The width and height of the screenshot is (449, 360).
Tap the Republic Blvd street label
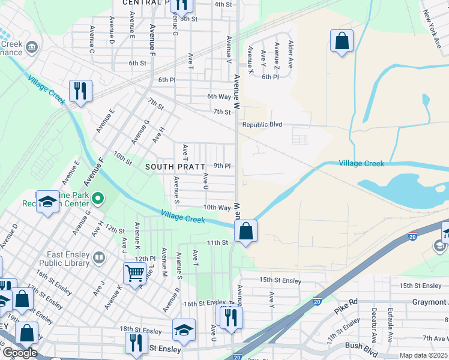pos(262,125)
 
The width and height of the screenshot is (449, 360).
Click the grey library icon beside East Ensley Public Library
pos(98,258)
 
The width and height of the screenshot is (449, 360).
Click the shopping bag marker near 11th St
pos(246,230)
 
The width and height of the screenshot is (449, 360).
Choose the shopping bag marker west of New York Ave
pos(342,41)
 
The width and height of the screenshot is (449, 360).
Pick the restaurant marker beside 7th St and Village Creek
pos(80,91)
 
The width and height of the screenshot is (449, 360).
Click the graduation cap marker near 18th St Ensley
pos(184,329)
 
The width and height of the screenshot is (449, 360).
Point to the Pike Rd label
pos(345,313)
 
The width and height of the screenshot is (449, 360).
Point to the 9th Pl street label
pos(222,166)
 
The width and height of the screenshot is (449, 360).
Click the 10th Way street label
pos(217,208)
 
